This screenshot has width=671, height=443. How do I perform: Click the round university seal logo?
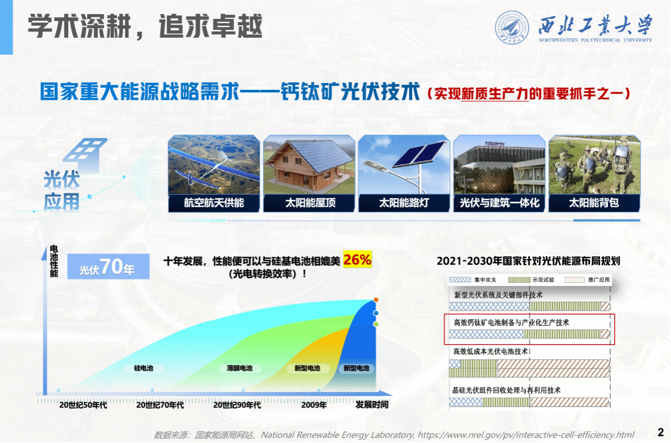[x=512, y=28]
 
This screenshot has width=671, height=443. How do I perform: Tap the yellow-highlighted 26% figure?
[x=358, y=259]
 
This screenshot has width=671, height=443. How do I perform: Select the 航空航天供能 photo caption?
[x=214, y=203]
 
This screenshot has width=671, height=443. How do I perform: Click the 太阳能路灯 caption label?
[x=404, y=203]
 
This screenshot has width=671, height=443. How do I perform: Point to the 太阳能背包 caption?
[x=594, y=203]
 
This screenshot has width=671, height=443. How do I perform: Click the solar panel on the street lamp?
[x=420, y=154]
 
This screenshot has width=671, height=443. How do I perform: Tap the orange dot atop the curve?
[x=376, y=300]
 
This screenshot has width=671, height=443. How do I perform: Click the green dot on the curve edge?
[x=376, y=324]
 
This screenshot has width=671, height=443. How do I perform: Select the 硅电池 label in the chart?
[x=144, y=368]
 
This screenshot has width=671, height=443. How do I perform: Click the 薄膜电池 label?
[x=240, y=368]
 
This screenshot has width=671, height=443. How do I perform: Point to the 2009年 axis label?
[x=314, y=405]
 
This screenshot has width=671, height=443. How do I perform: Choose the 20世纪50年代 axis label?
[x=83, y=405]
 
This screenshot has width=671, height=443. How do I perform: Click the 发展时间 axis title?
[x=372, y=405]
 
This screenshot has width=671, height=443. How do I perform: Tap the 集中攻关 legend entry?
[x=473, y=280]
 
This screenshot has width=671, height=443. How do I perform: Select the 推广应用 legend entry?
[x=587, y=280]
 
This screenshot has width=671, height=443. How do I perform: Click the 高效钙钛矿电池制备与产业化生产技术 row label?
[x=511, y=323]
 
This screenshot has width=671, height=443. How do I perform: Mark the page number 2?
[x=661, y=432]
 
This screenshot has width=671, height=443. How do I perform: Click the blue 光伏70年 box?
[x=108, y=266]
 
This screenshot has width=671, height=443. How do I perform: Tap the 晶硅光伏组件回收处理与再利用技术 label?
[x=506, y=390]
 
